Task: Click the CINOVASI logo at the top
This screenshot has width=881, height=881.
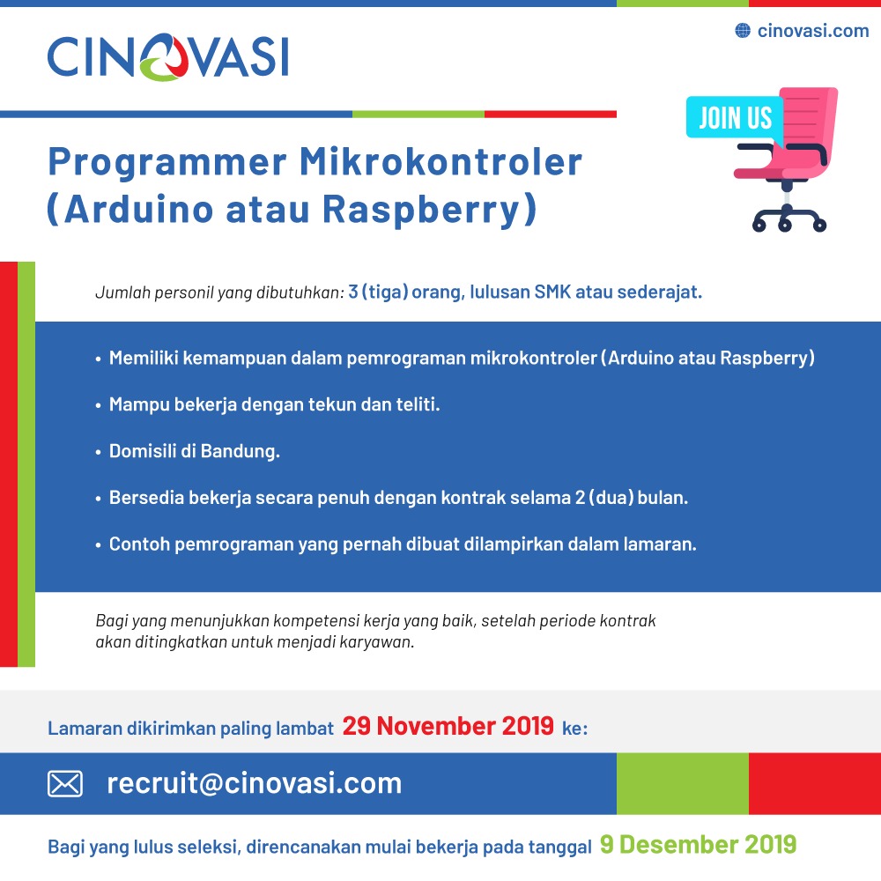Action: pyautogui.click(x=168, y=56)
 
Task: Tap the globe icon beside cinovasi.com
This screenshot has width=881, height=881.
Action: pyautogui.click(x=743, y=30)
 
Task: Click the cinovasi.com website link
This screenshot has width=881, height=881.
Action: pyautogui.click(x=813, y=30)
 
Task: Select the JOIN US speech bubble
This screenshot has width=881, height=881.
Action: pyautogui.click(x=735, y=117)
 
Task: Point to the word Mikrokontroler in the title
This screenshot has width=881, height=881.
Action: pyautogui.click(x=440, y=162)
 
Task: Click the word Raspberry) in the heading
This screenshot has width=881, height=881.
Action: pyautogui.click(x=430, y=210)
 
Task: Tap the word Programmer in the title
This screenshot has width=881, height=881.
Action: pyautogui.click(x=167, y=163)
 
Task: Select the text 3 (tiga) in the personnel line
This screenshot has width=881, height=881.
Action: pyautogui.click(x=378, y=292)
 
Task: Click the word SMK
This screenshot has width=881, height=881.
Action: pyautogui.click(x=552, y=292)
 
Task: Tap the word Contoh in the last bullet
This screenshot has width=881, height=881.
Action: pyautogui.click(x=139, y=544)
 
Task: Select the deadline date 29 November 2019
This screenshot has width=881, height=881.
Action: pyautogui.click(x=448, y=726)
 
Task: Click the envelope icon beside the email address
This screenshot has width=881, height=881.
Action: pyautogui.click(x=65, y=784)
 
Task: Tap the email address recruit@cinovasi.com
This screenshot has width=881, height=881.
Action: pyautogui.click(x=255, y=783)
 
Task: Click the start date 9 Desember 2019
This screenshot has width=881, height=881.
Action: pyautogui.click(x=698, y=845)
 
